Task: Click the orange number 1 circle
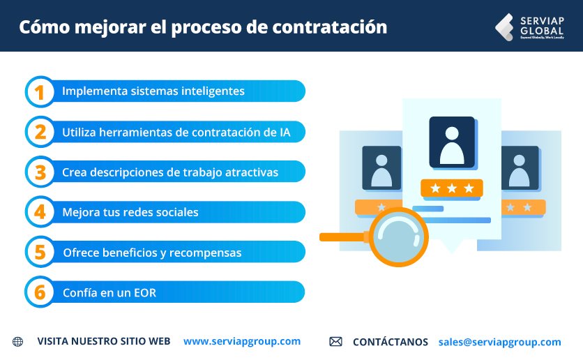[x=40, y=91]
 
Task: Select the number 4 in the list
[x=40, y=212]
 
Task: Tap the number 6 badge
[x=40, y=293]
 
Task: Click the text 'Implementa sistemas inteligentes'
[x=153, y=91]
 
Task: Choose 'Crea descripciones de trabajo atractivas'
[x=170, y=172]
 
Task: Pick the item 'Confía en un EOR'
[x=109, y=293]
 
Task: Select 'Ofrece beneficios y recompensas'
[x=152, y=253]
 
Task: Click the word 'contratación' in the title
[x=334, y=27]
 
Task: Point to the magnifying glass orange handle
[x=344, y=237]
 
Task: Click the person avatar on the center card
[x=451, y=142]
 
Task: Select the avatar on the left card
[x=381, y=168]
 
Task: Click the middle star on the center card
[x=452, y=188]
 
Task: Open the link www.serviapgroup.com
[x=242, y=341]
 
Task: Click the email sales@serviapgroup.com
[x=499, y=342]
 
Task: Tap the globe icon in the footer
[x=17, y=342]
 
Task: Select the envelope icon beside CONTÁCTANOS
[x=335, y=342]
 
